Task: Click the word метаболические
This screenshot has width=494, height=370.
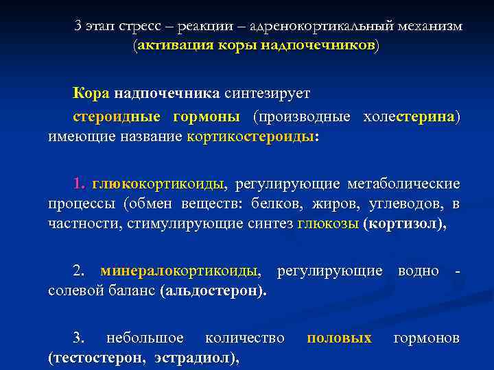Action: [x=404, y=184]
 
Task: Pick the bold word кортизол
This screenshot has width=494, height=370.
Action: [x=405, y=224]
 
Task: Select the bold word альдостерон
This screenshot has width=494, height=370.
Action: [x=213, y=291]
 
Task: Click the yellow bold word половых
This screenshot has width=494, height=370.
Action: [x=339, y=338]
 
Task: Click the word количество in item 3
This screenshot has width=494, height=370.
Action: [x=245, y=338]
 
